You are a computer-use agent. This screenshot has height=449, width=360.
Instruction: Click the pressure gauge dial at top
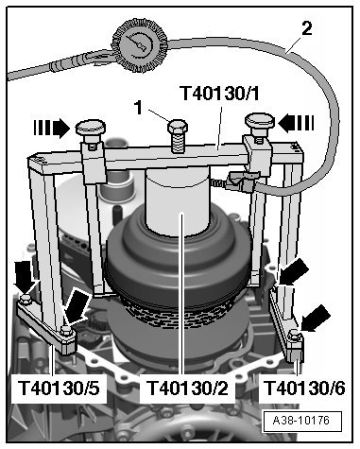(x=140, y=45)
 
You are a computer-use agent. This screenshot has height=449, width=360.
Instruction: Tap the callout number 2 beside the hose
(x=307, y=28)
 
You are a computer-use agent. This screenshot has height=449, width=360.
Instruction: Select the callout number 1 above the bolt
(x=139, y=107)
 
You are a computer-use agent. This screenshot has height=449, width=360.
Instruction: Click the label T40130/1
(x=220, y=94)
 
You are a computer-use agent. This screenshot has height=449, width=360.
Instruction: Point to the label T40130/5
(x=59, y=388)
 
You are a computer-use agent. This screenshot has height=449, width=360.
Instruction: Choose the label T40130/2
(x=187, y=388)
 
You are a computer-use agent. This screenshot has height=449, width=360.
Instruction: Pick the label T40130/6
(x=304, y=388)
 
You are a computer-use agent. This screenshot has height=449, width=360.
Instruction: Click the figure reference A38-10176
(x=301, y=421)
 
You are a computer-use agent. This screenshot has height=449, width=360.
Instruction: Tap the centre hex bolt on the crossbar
(x=178, y=134)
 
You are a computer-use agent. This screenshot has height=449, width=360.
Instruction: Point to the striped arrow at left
(x=52, y=129)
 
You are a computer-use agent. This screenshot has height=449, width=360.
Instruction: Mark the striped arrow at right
(x=297, y=123)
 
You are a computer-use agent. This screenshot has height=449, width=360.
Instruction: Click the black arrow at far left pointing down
(x=25, y=277)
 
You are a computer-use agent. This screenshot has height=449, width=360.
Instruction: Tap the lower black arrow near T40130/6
(x=316, y=319)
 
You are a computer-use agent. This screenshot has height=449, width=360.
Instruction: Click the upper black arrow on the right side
(x=293, y=271)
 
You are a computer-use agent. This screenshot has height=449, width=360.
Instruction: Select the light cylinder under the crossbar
(x=178, y=201)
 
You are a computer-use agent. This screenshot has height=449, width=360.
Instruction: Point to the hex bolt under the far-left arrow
(x=25, y=300)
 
